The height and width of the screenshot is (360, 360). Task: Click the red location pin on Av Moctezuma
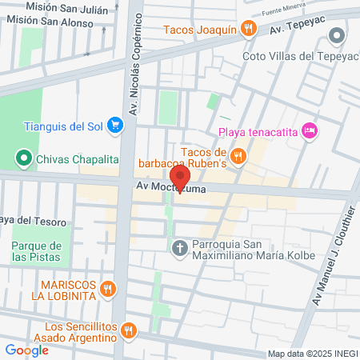point(180,178)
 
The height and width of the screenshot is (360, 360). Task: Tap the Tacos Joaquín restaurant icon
point(250,30)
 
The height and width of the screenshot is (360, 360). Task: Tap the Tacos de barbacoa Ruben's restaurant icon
point(238,154)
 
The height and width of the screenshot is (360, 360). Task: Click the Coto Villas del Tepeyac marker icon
point(336,35)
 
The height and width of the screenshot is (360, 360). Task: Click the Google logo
point(26,350)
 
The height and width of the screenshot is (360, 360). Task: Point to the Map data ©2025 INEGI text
point(307,354)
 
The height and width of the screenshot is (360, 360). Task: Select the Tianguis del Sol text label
point(62,125)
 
